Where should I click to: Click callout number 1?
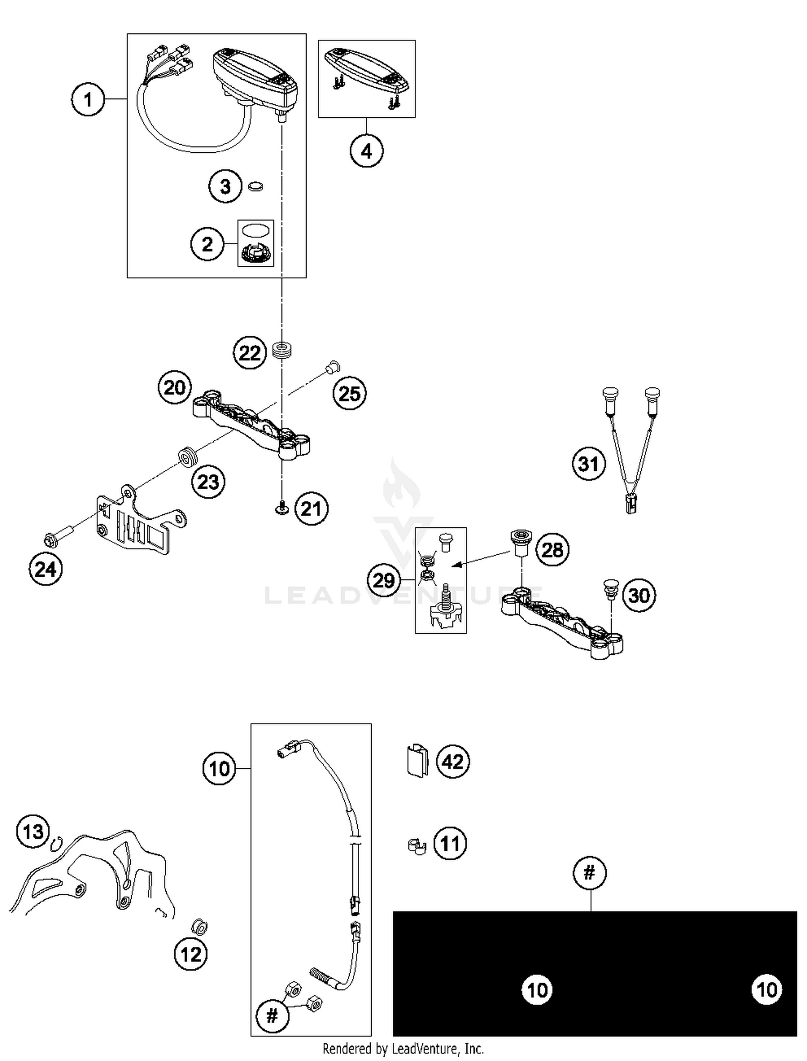(88, 100)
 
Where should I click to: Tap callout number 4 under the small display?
(366, 151)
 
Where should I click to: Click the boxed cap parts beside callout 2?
(256, 243)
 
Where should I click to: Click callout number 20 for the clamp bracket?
(175, 387)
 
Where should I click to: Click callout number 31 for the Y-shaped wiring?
(589, 464)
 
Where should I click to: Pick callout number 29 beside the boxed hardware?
(384, 580)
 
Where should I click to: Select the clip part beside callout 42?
(416, 761)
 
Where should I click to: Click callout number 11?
(450, 843)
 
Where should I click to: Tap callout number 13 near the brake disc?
(33, 832)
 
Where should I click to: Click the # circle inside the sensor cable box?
(272, 1016)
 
